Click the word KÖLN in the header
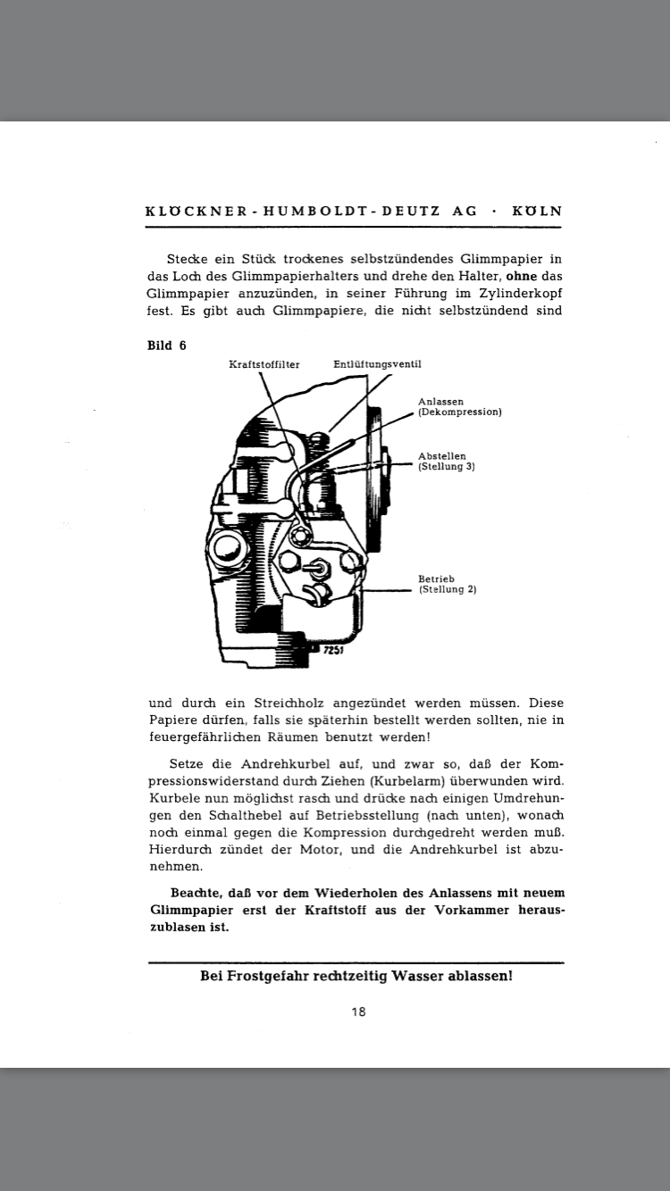click(x=537, y=212)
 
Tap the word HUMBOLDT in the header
click(x=301, y=212)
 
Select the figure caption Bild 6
click(x=167, y=346)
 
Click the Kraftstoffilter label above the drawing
click(x=264, y=364)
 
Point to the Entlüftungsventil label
click(x=377, y=364)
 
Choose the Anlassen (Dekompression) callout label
click(x=459, y=407)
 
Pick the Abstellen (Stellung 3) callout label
click(x=446, y=462)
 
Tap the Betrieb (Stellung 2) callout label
click(x=447, y=584)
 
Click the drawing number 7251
click(x=333, y=651)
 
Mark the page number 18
click(x=358, y=1012)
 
